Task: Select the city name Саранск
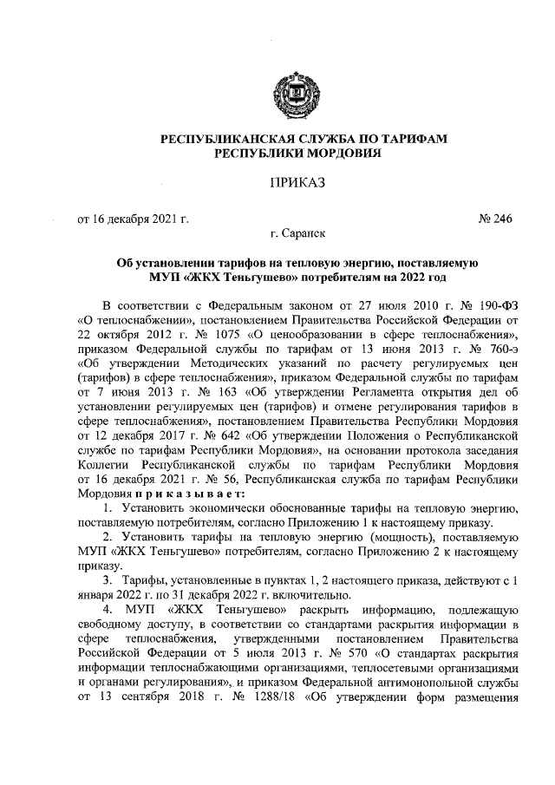pos(298,233)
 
